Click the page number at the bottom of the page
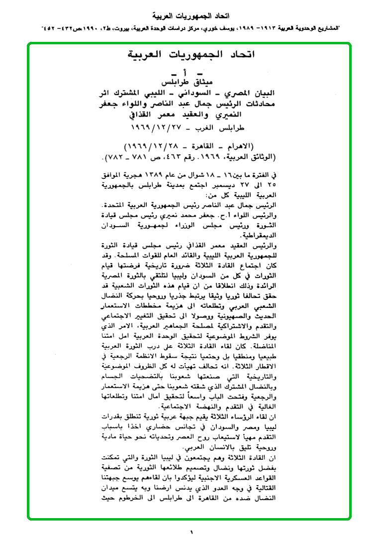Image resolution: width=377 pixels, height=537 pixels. (x=190, y=533)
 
